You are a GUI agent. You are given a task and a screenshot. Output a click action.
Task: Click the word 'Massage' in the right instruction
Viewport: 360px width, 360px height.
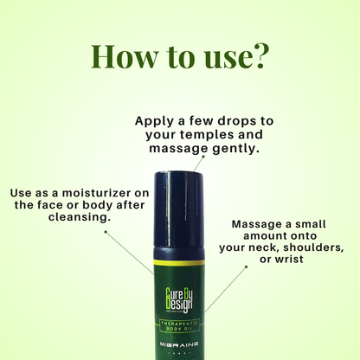(259, 222)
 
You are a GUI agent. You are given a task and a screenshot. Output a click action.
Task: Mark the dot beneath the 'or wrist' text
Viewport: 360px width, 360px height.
(246, 267)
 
